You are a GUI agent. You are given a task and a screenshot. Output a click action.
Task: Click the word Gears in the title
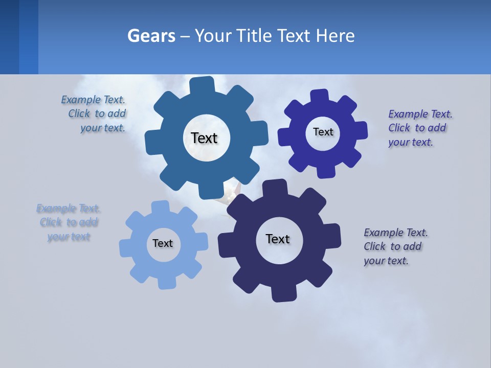pos(151,36)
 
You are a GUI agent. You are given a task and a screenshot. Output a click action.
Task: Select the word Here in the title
pos(335,36)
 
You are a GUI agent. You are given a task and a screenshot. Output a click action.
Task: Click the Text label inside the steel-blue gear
pos(204,138)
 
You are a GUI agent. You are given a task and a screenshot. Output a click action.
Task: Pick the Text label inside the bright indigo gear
pos(323,132)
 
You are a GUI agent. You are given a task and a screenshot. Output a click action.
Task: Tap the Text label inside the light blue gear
pos(163,243)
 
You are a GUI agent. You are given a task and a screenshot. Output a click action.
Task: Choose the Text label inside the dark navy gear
pos(278,239)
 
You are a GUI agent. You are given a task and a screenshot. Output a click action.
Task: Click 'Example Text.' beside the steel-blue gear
pos(93,100)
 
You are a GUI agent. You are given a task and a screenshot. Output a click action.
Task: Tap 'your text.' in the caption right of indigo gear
pos(410,142)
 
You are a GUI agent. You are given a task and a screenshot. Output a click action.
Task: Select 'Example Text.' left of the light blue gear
pos(68,209)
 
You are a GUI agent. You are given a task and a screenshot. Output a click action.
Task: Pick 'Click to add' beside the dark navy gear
pos(392,246)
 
